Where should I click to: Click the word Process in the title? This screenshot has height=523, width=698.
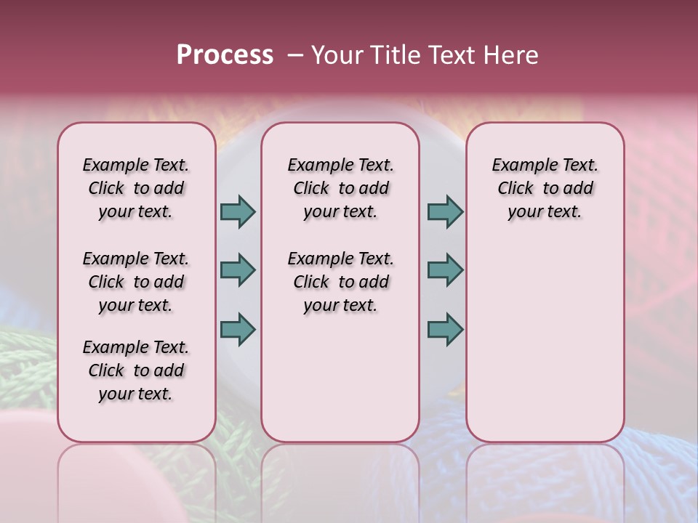(225, 55)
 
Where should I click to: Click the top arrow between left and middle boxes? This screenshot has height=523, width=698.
(238, 211)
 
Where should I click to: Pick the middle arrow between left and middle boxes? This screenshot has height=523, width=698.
(238, 270)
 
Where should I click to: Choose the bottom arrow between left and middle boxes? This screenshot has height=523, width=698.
(238, 329)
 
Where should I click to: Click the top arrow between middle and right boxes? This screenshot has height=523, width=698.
(445, 211)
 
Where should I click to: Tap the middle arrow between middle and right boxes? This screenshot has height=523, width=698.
(445, 270)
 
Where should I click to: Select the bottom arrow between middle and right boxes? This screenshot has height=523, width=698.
(445, 329)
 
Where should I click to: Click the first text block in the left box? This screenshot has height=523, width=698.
(136, 188)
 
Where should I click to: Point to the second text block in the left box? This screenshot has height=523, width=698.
(136, 282)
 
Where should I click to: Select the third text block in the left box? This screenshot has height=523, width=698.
(136, 370)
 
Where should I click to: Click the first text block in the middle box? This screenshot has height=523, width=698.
(340, 188)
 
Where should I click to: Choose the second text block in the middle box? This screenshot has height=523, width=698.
(340, 282)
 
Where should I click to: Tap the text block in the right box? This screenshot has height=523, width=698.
(545, 188)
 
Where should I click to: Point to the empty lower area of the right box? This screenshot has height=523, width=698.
(545, 341)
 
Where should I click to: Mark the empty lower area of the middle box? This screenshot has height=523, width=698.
(340, 378)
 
